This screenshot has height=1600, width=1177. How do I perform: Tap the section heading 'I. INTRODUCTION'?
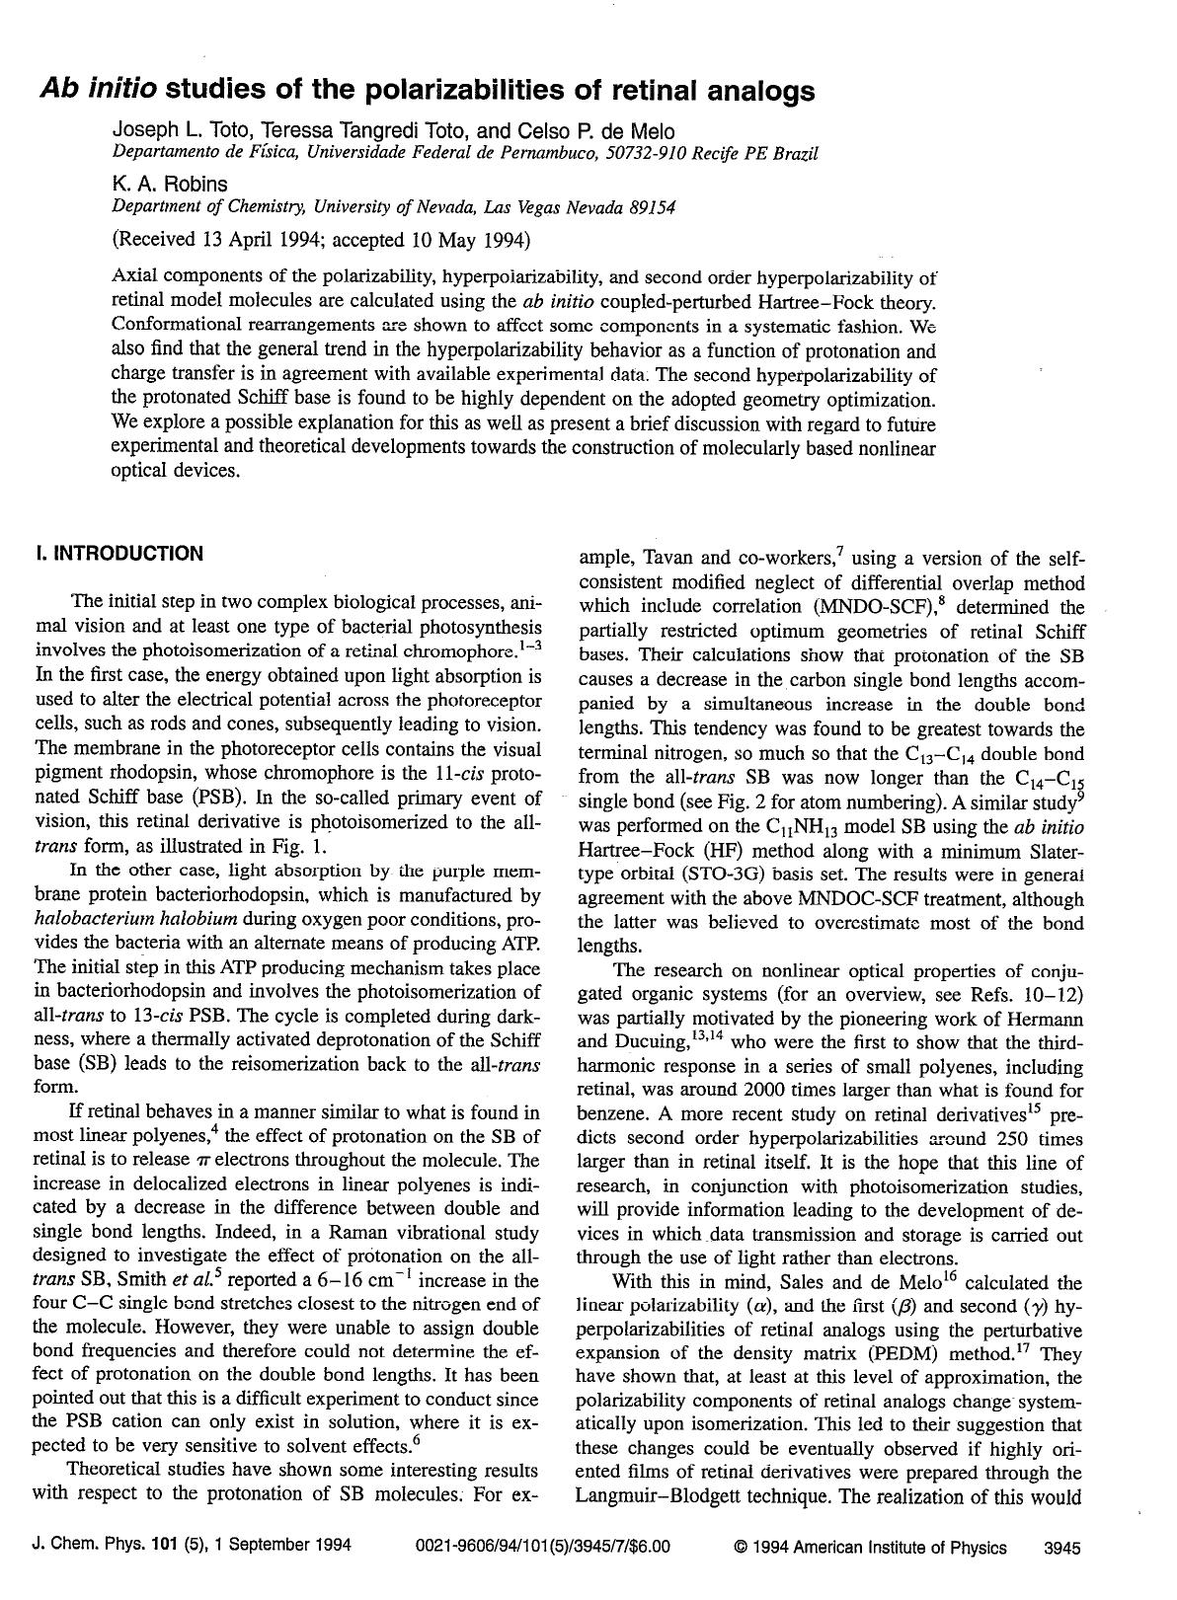click(118, 553)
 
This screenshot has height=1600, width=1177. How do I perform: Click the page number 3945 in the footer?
click(1062, 1548)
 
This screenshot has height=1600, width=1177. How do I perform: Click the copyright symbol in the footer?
click(740, 1548)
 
